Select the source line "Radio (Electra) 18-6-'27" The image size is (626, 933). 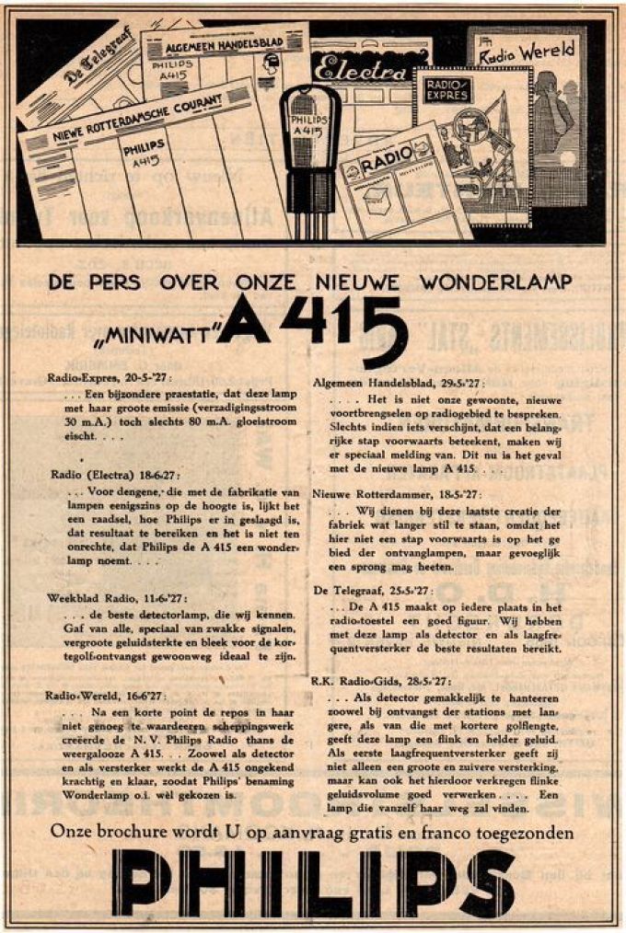[114, 474]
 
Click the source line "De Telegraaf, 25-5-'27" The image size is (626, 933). [372, 590]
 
